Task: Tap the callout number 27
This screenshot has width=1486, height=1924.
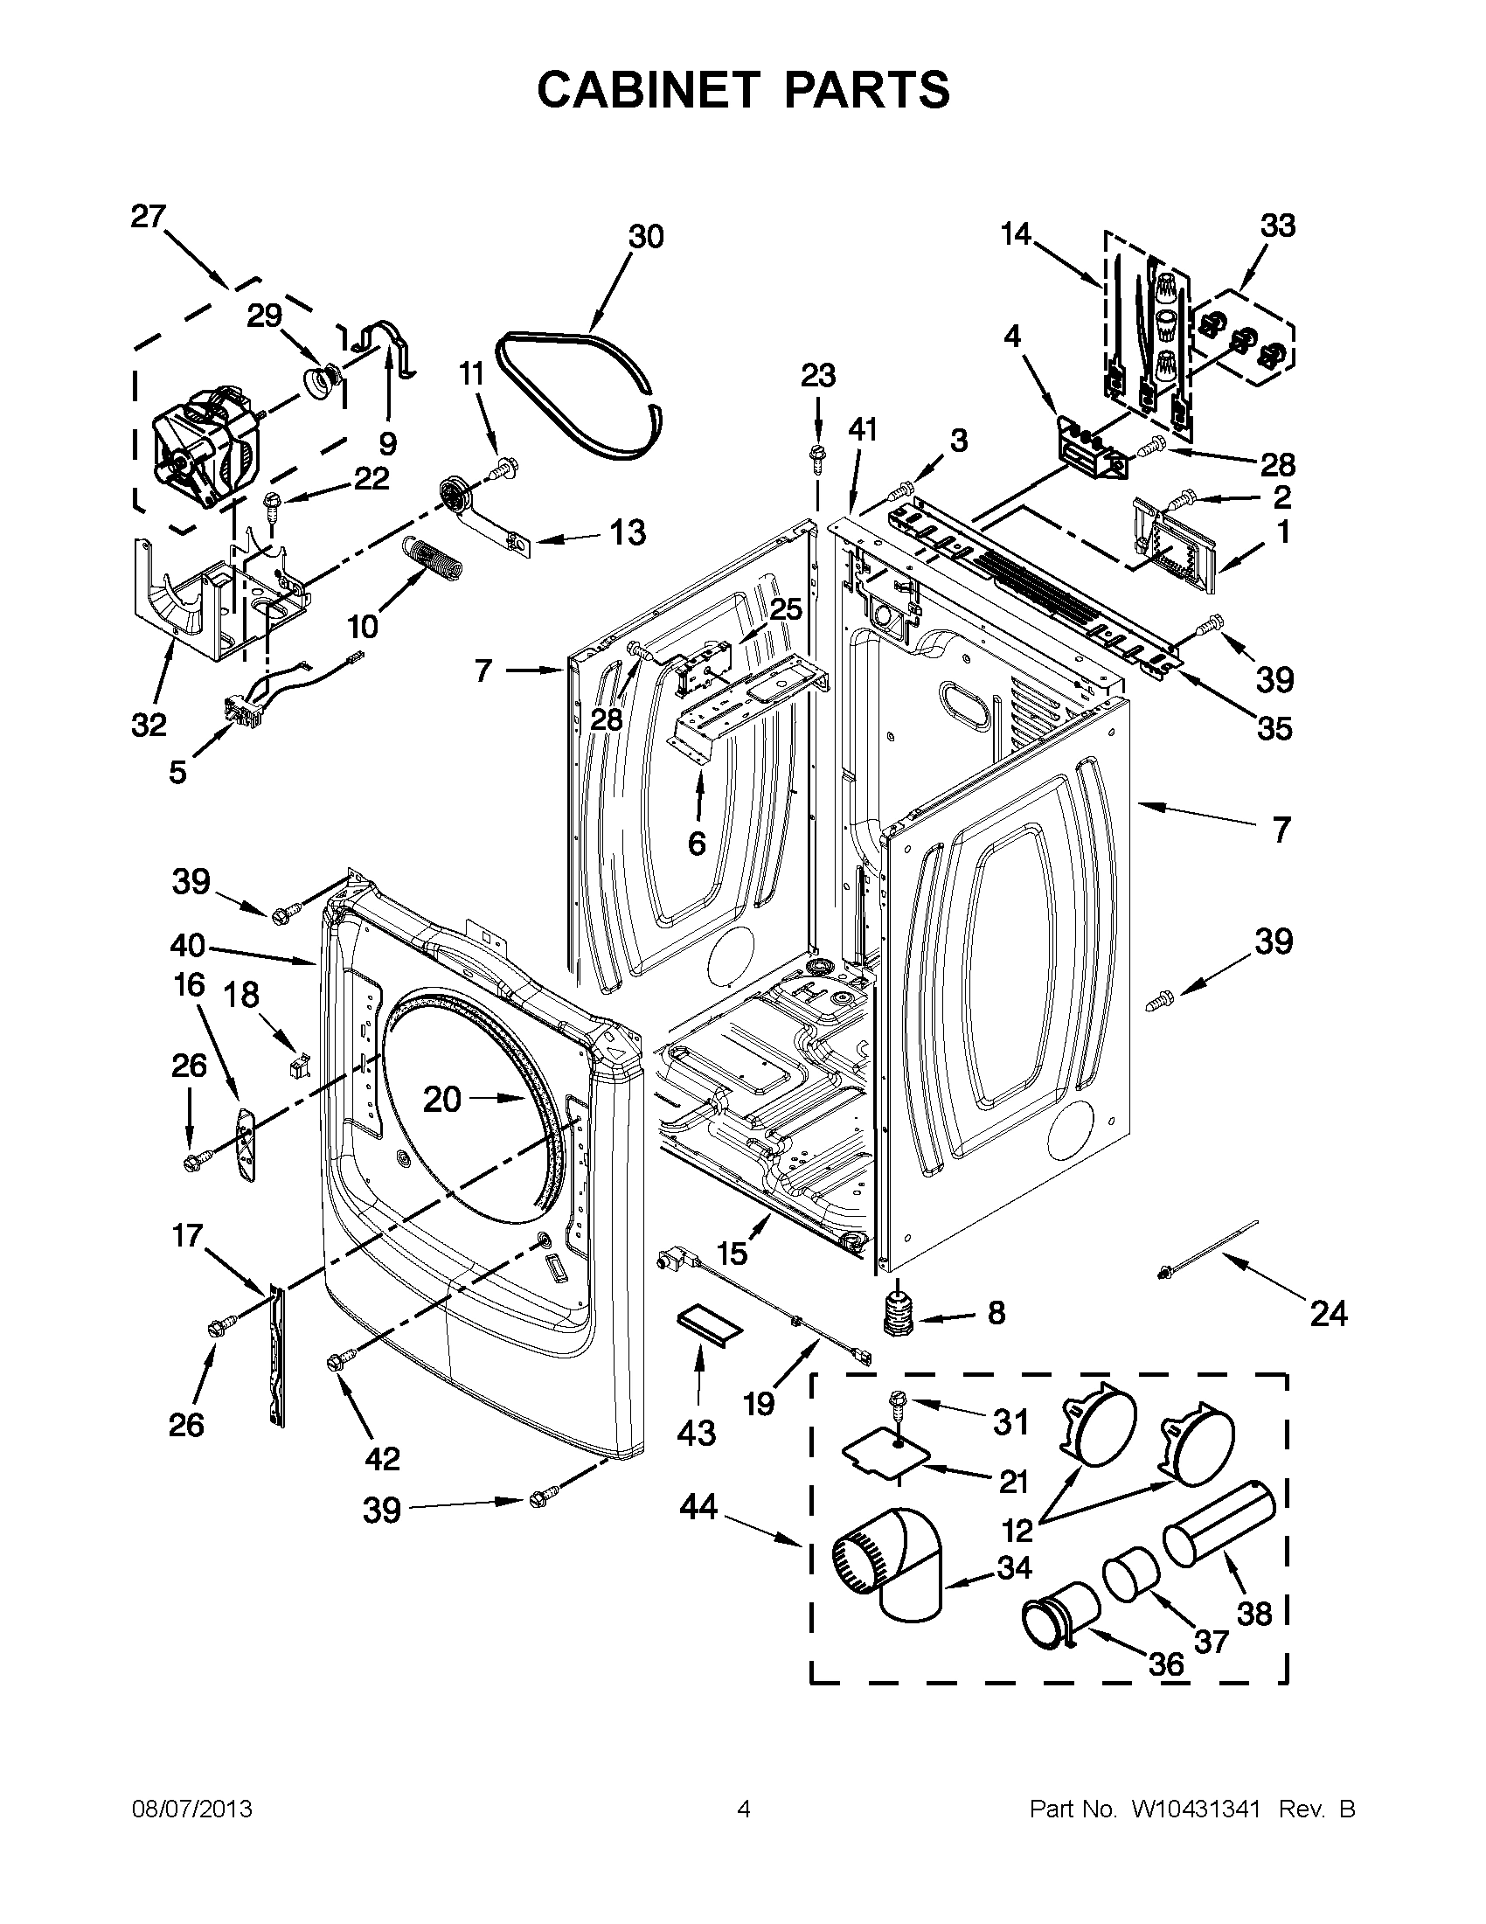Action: [149, 217]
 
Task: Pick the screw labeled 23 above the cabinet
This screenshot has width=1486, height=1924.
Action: [816, 456]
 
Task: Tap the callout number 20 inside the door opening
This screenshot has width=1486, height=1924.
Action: [442, 1099]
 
